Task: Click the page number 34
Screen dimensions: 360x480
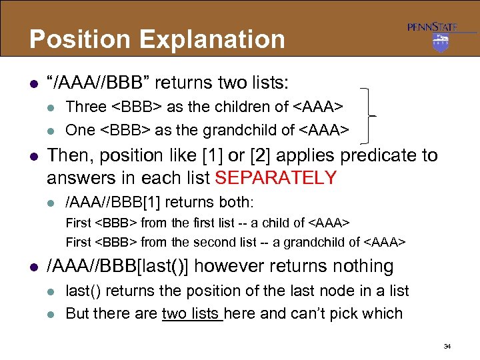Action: [447, 347]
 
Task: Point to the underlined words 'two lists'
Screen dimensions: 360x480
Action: [192, 313]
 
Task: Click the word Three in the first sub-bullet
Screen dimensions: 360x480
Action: [86, 107]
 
